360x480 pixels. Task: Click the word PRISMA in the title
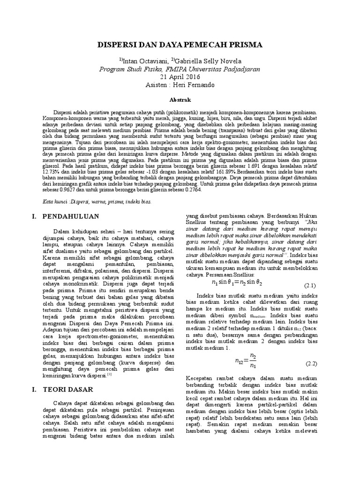point(246,45)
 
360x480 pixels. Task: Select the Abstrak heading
point(180,100)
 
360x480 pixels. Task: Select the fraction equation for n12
point(246,361)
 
